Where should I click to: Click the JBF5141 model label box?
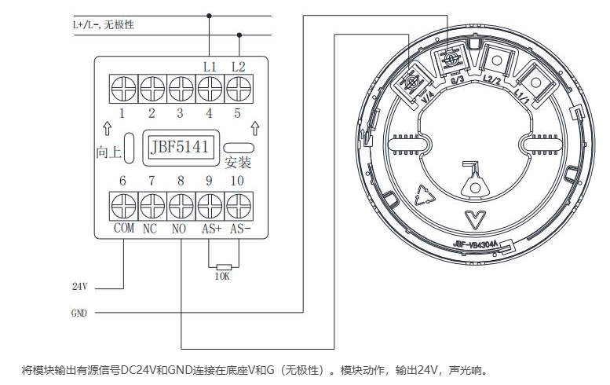[180, 147]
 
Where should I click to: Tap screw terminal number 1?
[123, 86]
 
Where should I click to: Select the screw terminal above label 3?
[180, 86]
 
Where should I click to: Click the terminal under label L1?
[209, 86]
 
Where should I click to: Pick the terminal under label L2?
[238, 86]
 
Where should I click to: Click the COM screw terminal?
[123, 207]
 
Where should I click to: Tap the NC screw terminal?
[152, 207]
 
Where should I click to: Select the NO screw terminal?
[180, 207]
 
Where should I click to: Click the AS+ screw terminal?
[209, 207]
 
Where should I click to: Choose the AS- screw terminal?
[238, 207]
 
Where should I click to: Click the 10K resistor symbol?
[224, 267]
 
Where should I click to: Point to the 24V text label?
[80, 287]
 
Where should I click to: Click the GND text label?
[79, 313]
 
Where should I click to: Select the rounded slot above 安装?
[238, 146]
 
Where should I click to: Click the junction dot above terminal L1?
[209, 16]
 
